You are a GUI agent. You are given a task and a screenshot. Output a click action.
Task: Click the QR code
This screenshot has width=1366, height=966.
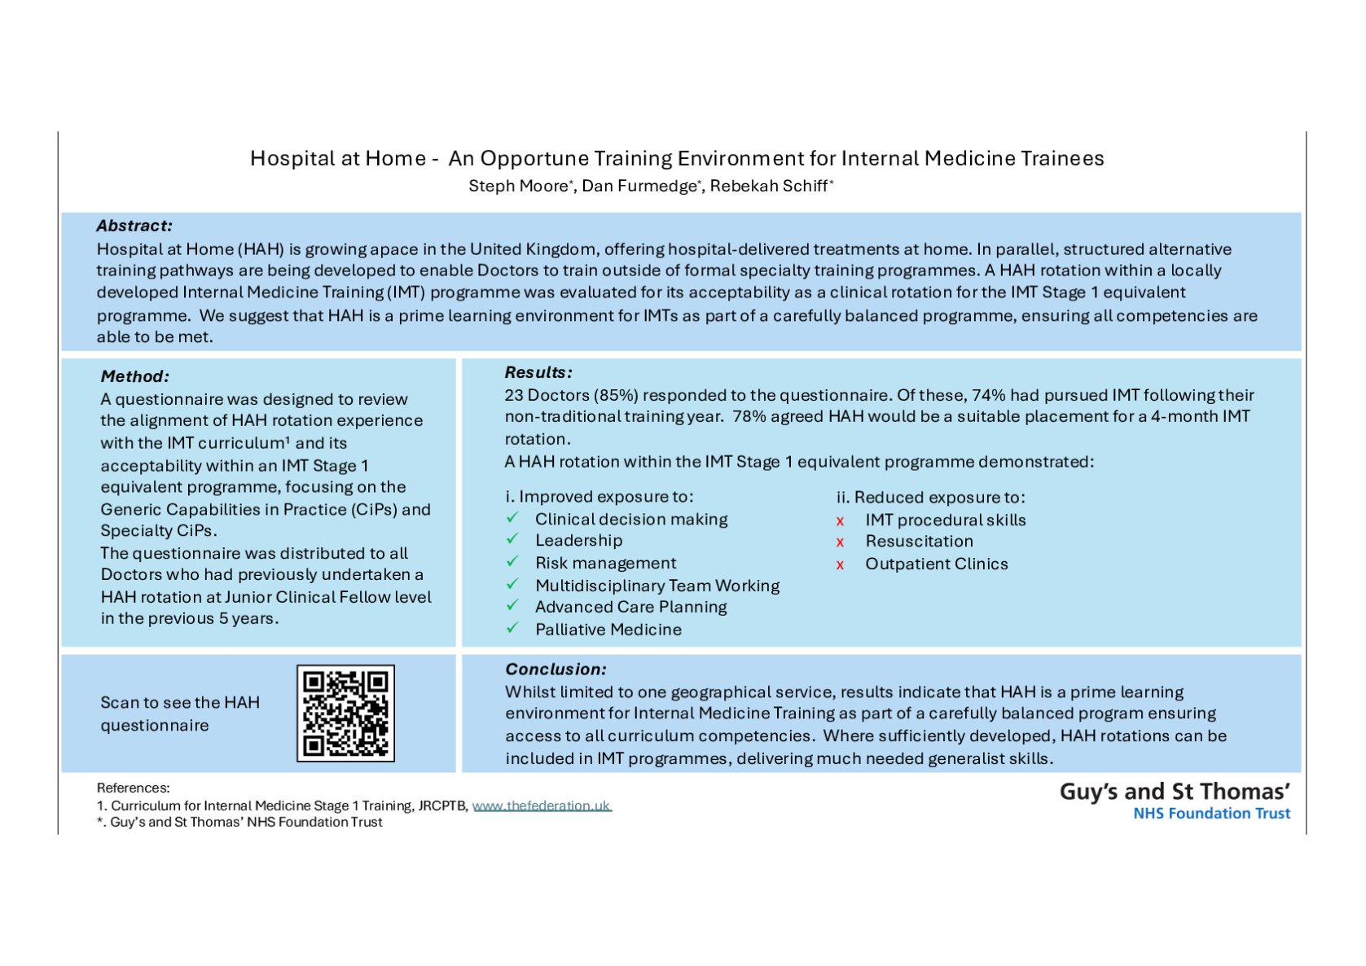(x=345, y=714)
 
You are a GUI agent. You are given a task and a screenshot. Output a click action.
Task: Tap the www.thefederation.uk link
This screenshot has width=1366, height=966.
(x=542, y=806)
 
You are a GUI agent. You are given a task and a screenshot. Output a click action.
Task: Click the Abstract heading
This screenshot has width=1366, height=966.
(x=134, y=226)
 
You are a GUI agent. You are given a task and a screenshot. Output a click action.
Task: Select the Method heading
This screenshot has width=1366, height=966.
(x=135, y=376)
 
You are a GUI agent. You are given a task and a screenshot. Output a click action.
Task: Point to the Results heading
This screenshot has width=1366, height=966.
(x=538, y=372)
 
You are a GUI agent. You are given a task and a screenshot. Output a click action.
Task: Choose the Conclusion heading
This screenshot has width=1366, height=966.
(x=556, y=669)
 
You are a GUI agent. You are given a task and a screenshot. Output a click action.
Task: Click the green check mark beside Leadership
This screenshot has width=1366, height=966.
(x=512, y=539)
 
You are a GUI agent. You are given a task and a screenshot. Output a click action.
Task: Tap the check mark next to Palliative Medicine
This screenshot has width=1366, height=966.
(x=512, y=628)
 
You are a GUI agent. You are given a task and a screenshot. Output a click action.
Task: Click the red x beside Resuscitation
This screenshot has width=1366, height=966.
(x=840, y=542)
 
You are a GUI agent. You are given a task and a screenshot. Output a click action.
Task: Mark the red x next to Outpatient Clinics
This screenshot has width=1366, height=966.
(x=840, y=564)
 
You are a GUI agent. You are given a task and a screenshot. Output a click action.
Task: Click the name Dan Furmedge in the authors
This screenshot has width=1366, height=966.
(x=639, y=187)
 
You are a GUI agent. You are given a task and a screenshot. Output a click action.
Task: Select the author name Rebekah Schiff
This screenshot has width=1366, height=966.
(x=768, y=187)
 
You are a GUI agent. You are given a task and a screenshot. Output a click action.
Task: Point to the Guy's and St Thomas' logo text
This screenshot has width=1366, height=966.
(x=1175, y=792)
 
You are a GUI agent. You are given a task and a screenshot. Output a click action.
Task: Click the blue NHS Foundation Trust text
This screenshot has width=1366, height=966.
(x=1211, y=813)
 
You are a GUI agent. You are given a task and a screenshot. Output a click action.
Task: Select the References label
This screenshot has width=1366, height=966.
(x=134, y=788)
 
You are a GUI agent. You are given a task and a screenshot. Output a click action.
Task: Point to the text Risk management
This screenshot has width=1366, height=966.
(x=605, y=563)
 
